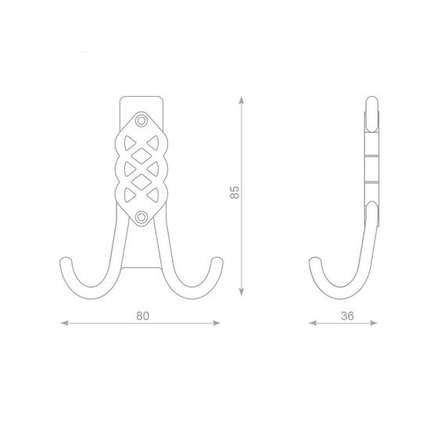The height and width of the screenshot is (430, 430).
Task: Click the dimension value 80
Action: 143,316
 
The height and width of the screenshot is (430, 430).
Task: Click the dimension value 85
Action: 235,192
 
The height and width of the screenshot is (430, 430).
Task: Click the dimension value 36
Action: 347,316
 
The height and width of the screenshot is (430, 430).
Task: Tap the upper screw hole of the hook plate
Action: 142,120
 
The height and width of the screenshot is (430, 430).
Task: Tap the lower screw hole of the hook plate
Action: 142,217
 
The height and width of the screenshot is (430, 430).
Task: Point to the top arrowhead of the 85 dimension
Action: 242,100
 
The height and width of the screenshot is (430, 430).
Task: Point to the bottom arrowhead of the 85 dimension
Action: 242,292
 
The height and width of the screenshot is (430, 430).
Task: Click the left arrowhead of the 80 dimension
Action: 64,323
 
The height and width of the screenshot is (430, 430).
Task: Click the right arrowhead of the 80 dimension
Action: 217,323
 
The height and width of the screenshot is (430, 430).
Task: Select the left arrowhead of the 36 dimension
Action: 313,323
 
